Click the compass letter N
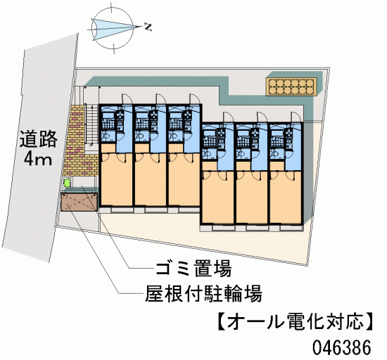(148, 27)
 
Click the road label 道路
(39, 139)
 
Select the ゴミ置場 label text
(193, 269)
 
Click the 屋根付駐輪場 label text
(203, 293)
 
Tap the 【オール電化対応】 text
(296, 322)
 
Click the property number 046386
(342, 347)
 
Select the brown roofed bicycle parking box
(80, 202)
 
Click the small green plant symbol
(66, 183)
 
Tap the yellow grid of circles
(291, 86)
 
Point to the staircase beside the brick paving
(91, 124)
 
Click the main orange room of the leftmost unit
(117, 179)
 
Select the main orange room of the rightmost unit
(286, 198)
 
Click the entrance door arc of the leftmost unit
(128, 98)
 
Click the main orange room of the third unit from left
(184, 179)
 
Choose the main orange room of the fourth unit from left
(218, 198)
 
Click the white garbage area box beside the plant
(84, 183)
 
